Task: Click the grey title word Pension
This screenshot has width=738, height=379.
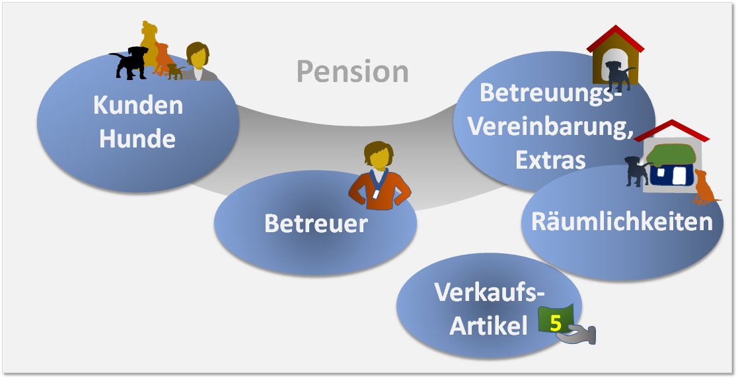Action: tap(352, 71)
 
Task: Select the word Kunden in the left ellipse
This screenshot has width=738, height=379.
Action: tap(138, 105)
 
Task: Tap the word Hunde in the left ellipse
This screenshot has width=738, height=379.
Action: tap(138, 139)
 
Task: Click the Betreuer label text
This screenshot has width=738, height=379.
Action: tap(315, 223)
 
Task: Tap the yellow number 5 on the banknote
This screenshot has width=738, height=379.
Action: tap(555, 324)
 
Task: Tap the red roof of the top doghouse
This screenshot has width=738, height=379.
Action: tap(615, 36)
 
